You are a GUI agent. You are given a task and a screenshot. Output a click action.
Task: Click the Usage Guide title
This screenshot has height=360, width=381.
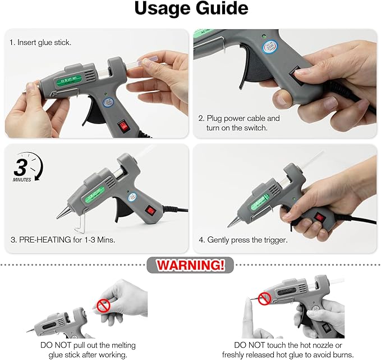click(190, 10)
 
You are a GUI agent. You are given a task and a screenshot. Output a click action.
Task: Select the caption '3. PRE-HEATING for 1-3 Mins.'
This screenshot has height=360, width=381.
click(63, 240)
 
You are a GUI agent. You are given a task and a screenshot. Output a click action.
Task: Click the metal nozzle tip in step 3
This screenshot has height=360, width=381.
click(59, 216)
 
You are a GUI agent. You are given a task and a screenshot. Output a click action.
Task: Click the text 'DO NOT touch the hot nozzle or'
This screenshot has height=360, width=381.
click(287, 345)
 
